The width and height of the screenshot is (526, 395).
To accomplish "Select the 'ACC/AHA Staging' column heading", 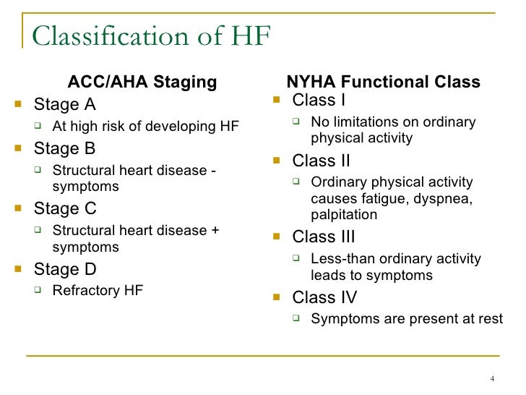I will (x=142, y=82).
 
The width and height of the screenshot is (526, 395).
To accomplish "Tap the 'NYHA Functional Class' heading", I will (x=384, y=82).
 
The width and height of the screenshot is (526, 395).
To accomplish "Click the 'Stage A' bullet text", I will (x=65, y=104).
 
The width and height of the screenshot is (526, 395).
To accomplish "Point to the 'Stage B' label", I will (x=65, y=149).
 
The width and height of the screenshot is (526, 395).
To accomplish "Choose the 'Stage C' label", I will (x=65, y=209).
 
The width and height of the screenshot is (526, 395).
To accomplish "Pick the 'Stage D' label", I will (x=65, y=269).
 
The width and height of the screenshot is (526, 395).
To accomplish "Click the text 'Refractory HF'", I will (x=98, y=291).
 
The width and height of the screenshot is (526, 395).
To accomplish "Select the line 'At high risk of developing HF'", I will (x=145, y=127).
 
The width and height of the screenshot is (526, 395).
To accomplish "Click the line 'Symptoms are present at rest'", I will (x=406, y=319).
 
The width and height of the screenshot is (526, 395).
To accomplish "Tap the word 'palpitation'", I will (x=344, y=215).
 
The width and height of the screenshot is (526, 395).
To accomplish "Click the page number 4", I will (x=491, y=381).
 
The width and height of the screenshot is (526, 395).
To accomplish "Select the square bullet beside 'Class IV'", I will (x=277, y=298).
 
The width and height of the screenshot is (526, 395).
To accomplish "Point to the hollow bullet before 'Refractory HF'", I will (x=40, y=292).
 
